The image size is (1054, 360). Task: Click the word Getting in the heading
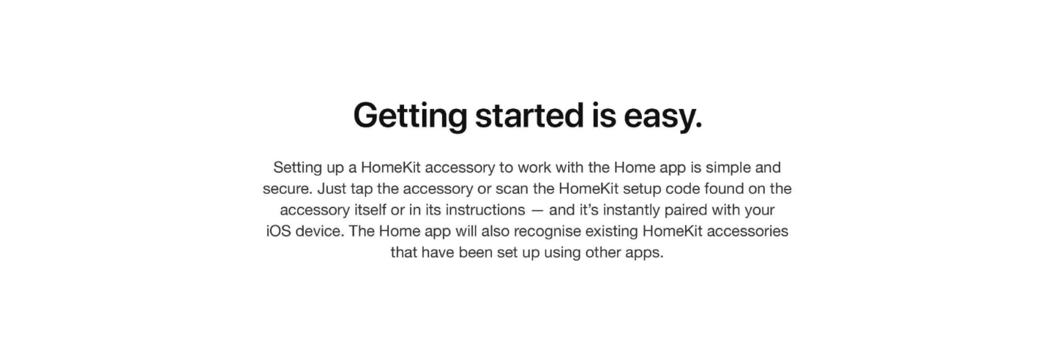pos(410,116)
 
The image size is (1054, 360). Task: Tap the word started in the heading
pos(529,116)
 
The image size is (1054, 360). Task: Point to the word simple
pos(728,168)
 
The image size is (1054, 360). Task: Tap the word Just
pos(332,189)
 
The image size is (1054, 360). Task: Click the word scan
pos(512,190)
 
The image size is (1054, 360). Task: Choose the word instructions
pos(485,210)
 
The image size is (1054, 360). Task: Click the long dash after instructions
pos(537,211)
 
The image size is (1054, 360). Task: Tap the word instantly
pos(631,210)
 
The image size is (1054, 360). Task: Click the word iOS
pos(279,231)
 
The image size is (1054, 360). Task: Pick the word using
pos(562,253)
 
